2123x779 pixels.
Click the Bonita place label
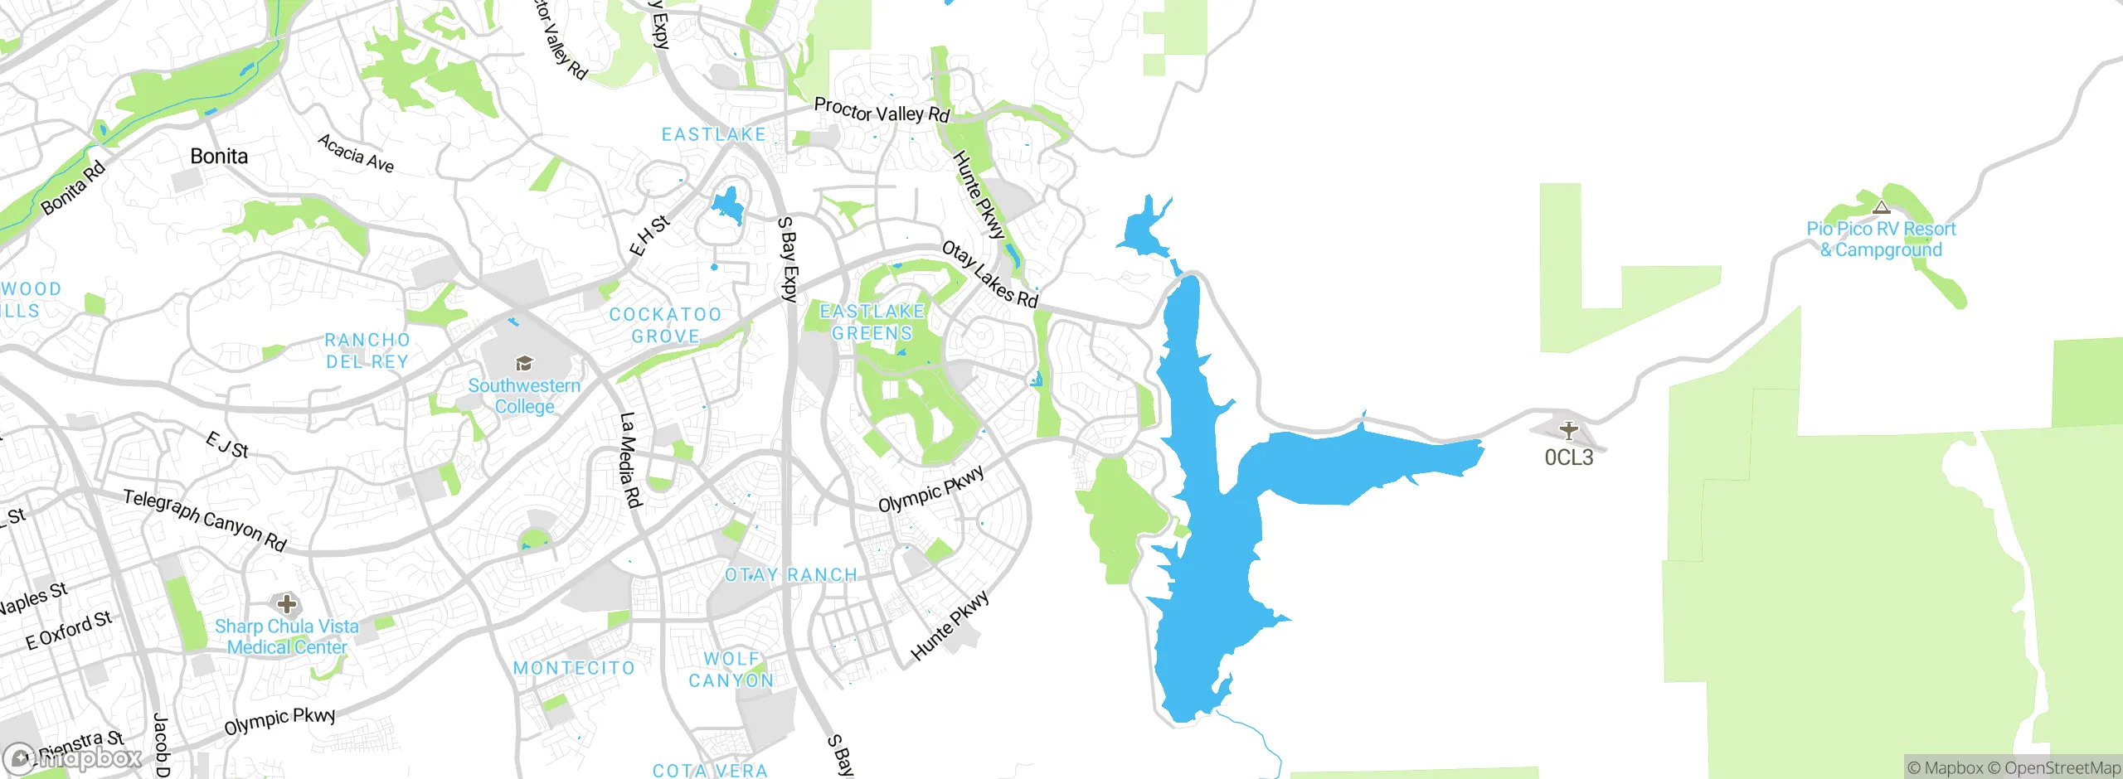[219, 156]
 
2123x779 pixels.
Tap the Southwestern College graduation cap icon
[524, 363]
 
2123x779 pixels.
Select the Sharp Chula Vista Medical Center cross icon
[287, 603]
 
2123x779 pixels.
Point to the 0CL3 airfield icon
[1568, 430]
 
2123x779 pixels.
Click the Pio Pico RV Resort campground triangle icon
[1882, 207]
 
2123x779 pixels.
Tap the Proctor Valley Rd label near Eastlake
[882, 110]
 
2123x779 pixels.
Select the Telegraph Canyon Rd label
[205, 520]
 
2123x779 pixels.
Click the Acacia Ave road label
[356, 153]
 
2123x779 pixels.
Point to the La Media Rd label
[631, 459]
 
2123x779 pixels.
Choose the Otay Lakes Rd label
[990, 274]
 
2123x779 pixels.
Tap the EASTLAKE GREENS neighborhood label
[872, 322]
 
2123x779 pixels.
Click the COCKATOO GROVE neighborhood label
[665, 325]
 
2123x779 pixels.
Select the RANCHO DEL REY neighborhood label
[367, 351]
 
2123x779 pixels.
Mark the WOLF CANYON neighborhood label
[731, 670]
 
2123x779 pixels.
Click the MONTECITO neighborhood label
[574, 668]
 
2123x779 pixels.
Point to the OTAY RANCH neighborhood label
[790, 575]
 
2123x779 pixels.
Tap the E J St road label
[227, 445]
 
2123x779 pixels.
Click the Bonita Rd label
[74, 187]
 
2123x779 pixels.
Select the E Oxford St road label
[69, 631]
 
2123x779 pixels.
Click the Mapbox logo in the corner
[73, 758]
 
